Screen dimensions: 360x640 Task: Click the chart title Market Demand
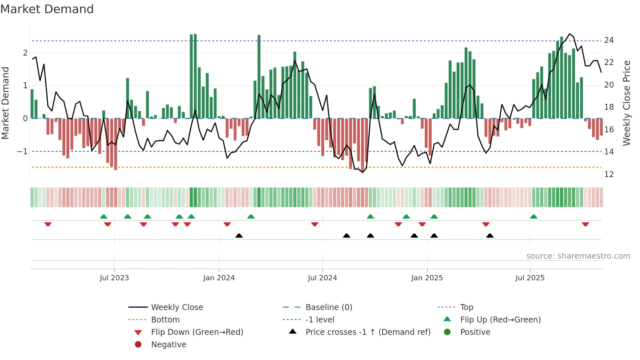coord(47,9)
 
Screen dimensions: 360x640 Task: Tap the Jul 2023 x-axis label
coord(114,278)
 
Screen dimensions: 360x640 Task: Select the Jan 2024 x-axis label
coord(219,278)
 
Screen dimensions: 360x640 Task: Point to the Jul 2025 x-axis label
coord(530,278)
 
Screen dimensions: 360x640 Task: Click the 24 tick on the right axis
coord(609,40)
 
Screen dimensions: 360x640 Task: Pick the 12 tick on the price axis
coord(609,174)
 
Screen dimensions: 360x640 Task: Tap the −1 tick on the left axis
coord(22,152)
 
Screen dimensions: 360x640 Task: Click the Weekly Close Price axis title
coord(626,103)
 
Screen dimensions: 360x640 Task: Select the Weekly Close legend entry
coord(177,307)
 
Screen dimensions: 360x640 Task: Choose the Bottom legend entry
coord(165,320)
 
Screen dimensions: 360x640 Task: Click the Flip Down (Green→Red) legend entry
coord(197,332)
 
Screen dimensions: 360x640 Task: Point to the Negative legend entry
coord(168,345)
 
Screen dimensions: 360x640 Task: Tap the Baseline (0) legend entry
coord(329,307)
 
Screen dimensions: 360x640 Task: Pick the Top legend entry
coord(467,307)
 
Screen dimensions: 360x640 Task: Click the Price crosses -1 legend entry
coord(368,332)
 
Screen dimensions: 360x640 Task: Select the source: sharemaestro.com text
coord(578,256)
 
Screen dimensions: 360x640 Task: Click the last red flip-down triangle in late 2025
coord(585,224)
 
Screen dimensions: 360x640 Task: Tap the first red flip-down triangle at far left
coord(48,224)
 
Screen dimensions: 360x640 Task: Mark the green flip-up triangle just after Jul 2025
coord(534,217)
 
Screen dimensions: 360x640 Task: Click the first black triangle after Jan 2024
coord(239,236)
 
